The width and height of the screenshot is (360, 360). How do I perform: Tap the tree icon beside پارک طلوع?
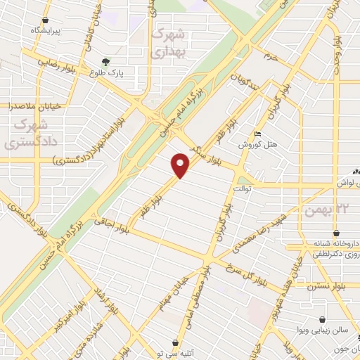105,62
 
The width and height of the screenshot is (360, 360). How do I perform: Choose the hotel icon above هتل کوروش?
258,134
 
